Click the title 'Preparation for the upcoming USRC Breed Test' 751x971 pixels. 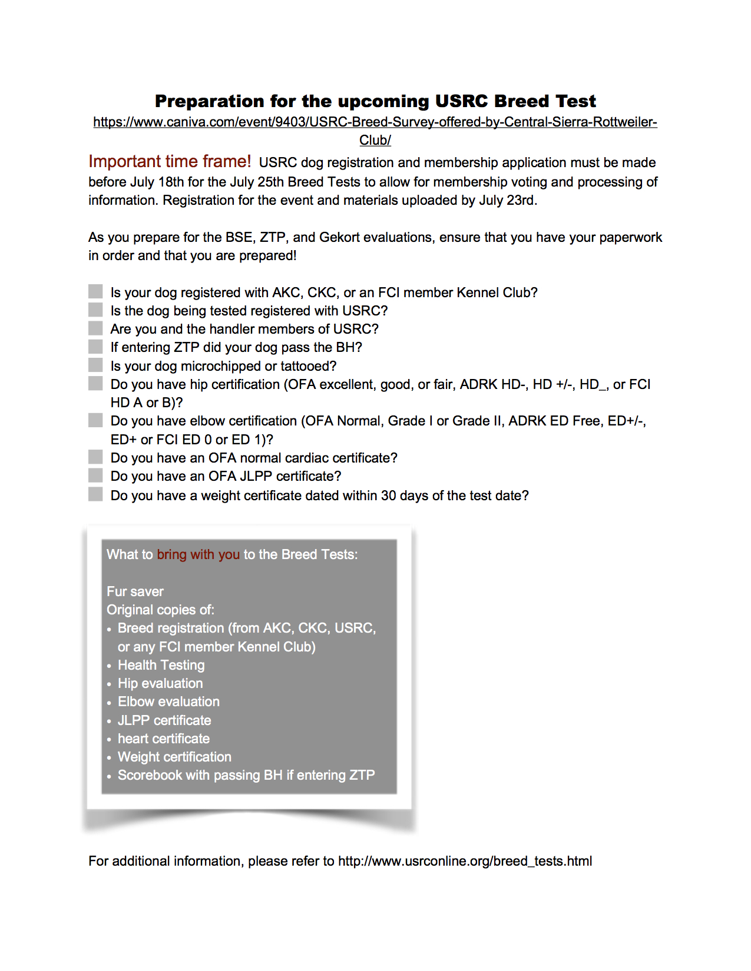[x=375, y=101]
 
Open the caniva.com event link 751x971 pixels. [x=375, y=122]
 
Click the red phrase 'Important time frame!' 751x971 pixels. [x=170, y=162]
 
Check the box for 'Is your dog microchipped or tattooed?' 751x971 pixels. [x=95, y=365]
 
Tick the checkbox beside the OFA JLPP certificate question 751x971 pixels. [x=95, y=475]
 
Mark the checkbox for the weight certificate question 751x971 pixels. [x=95, y=494]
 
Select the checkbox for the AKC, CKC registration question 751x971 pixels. [x=95, y=291]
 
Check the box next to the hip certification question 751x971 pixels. [x=95, y=384]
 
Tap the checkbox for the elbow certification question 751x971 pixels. [x=95, y=420]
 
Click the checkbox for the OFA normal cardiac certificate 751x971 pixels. [x=95, y=457]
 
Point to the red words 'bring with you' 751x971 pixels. [x=198, y=554]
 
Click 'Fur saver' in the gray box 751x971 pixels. [x=135, y=591]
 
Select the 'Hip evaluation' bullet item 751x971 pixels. [x=160, y=683]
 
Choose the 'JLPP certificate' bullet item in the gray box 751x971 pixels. [x=164, y=720]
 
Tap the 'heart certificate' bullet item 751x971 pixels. [x=164, y=739]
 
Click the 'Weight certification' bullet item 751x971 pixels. [x=174, y=757]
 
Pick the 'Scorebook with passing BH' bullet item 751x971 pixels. [x=246, y=775]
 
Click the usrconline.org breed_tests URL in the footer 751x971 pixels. [x=465, y=861]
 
